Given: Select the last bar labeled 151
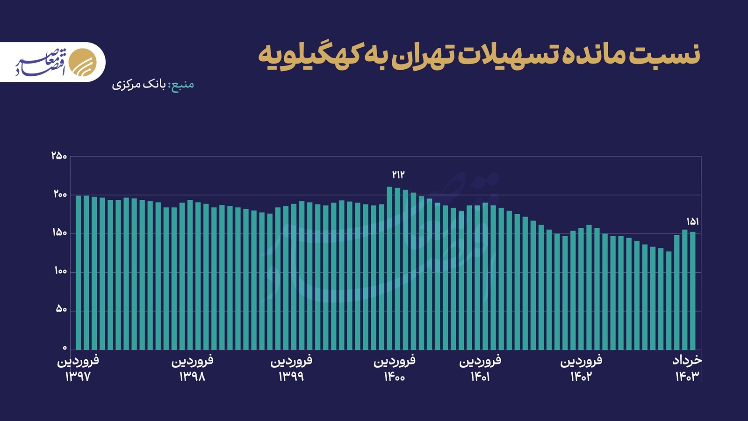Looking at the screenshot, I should (693, 290).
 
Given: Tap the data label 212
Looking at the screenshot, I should (398, 175).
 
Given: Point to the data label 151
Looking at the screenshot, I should (693, 222).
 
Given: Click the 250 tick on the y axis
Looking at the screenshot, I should (59, 156).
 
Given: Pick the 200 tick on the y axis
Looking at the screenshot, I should (60, 195).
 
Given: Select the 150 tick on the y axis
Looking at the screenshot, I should (60, 233).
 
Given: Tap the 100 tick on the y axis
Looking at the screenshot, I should (60, 271).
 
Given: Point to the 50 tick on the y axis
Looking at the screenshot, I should (62, 310).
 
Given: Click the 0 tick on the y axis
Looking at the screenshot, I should (65, 348).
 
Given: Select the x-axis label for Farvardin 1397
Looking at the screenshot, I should (78, 369).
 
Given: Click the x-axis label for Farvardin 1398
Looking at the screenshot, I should (192, 369).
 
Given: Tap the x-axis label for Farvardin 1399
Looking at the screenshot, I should (291, 369).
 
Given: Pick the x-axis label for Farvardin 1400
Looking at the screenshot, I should (395, 369).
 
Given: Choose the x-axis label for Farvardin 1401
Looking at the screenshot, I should (480, 369).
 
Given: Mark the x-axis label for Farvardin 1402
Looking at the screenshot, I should (581, 369).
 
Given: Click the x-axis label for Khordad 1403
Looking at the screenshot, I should (687, 369).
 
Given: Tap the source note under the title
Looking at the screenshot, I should (153, 85).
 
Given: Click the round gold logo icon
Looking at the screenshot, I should (83, 62).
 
